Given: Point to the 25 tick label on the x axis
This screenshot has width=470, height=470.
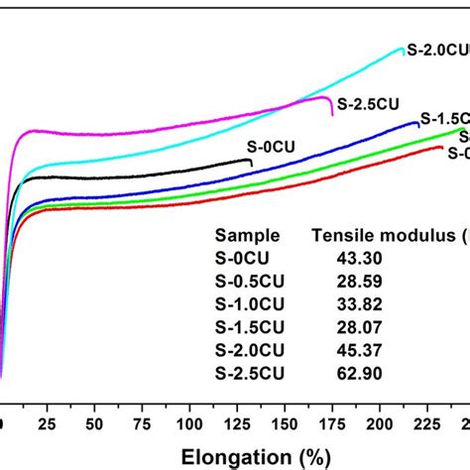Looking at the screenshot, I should click(x=42, y=424).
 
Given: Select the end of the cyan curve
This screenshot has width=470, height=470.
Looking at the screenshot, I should click(x=405, y=53).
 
